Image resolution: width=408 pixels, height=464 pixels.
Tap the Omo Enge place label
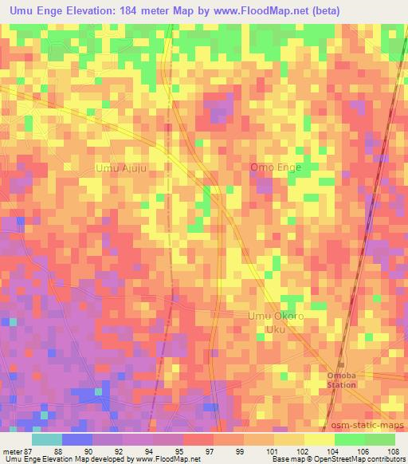276,167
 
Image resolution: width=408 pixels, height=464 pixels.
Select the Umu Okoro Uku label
276,322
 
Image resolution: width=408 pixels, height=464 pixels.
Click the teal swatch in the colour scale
46,438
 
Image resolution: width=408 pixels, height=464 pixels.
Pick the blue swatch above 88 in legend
76,438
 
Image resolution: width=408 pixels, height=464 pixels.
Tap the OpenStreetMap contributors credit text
363,459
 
